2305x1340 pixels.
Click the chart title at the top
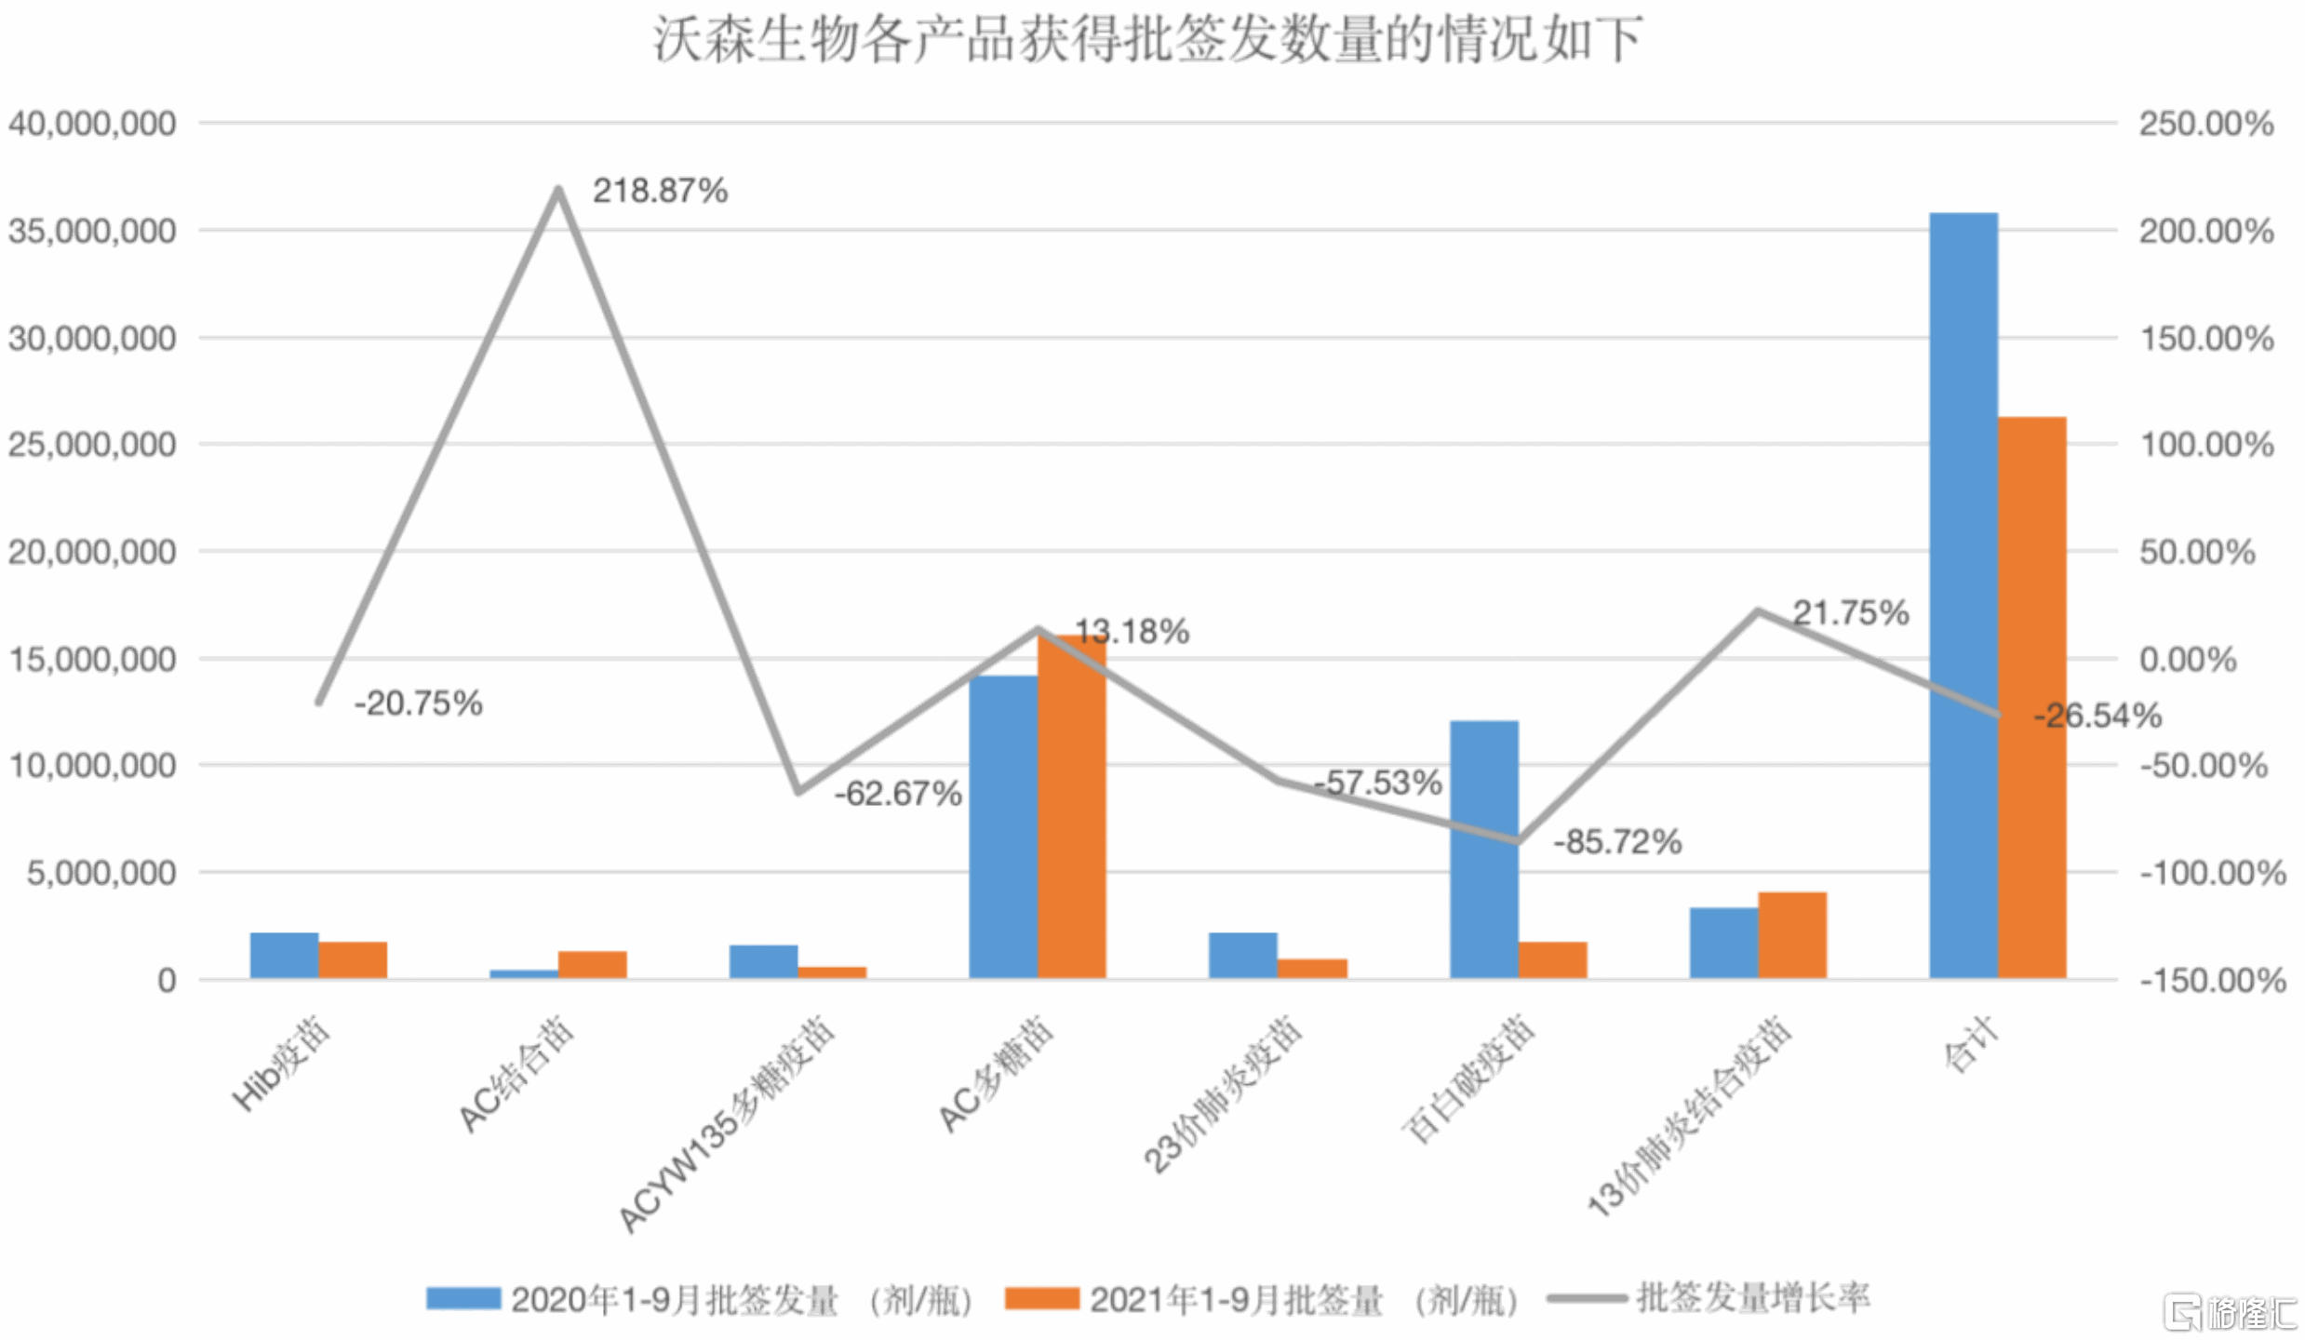coord(1146,39)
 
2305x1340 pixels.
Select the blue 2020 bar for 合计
coord(1963,596)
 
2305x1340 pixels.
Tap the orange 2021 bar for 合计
coord(2032,698)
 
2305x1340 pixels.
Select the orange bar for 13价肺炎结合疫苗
coord(1792,935)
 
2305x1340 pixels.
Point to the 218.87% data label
coord(660,191)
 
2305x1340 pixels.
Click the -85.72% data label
coord(1617,842)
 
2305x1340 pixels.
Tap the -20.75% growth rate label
coord(418,703)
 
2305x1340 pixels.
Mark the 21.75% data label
coord(1850,612)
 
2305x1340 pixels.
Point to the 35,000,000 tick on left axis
coord(91,231)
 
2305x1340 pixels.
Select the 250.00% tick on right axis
coord(2205,124)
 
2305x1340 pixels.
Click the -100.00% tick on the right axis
coord(2212,873)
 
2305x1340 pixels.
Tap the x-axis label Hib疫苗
coord(280,1065)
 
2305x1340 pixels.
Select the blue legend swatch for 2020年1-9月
coord(462,1298)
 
